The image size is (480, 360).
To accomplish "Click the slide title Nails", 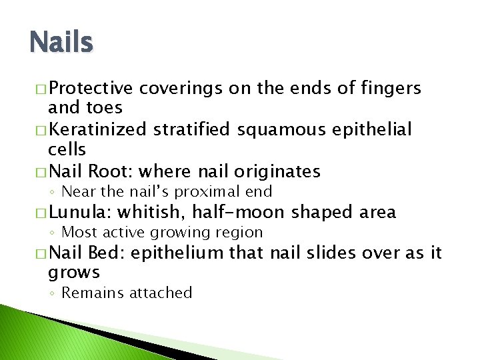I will [61, 43].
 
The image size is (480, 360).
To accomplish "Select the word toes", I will [104, 108].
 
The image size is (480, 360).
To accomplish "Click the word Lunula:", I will [82, 213].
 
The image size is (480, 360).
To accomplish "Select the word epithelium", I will [177, 253].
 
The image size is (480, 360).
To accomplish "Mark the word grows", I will [74, 272].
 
